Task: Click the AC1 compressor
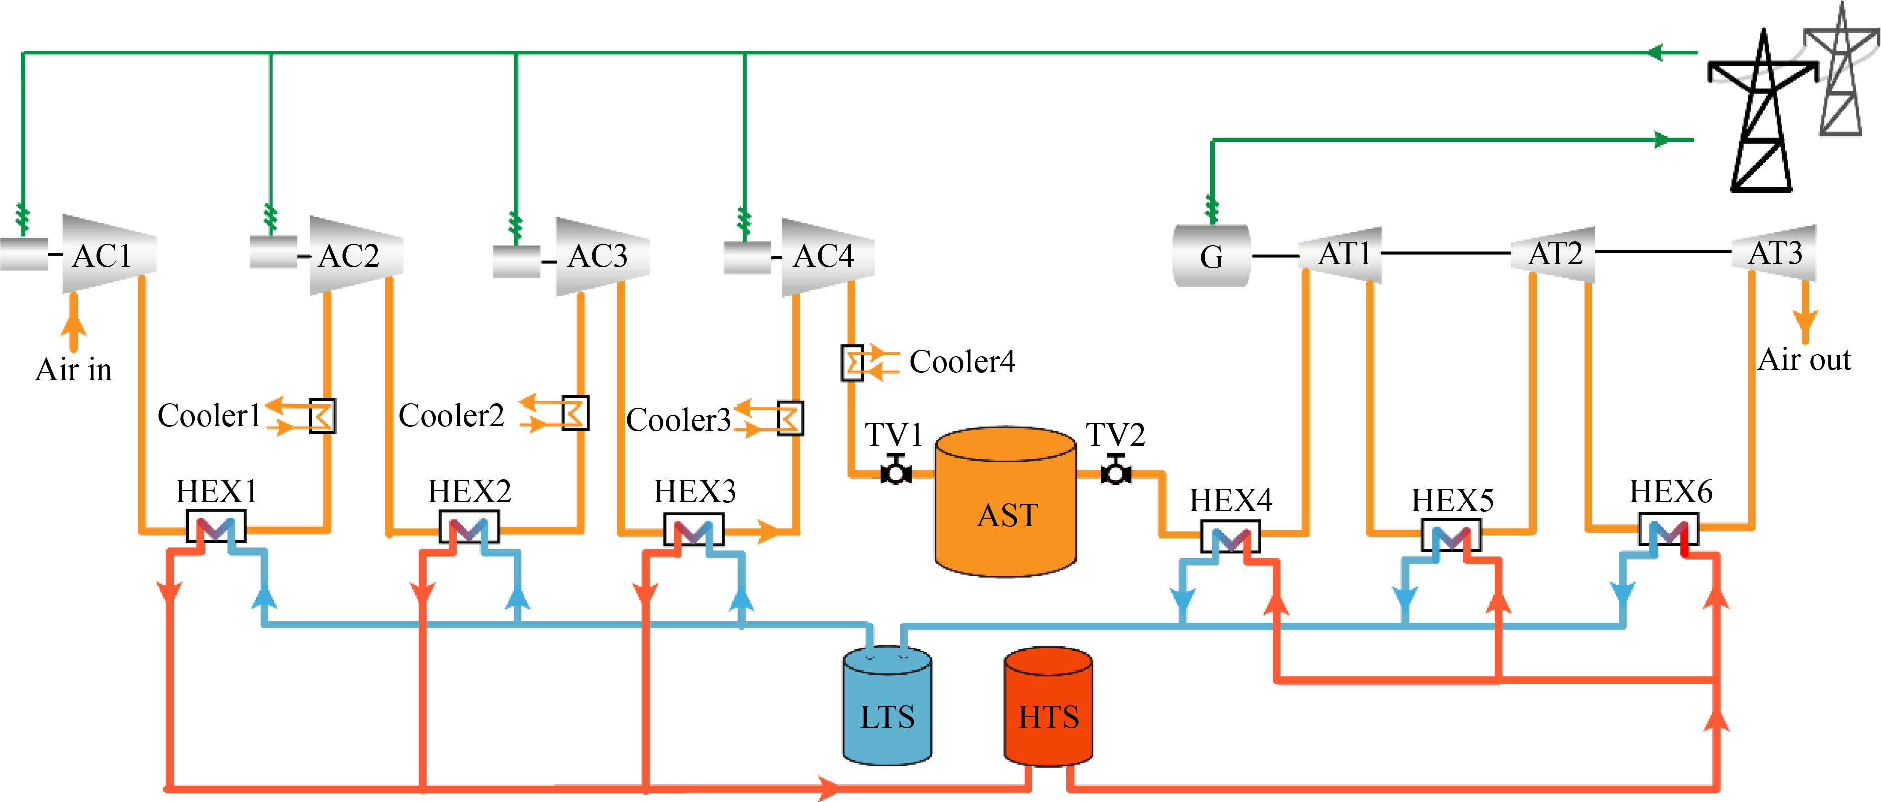point(109,254)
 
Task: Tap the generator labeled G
point(1211,256)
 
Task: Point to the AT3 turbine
point(1775,253)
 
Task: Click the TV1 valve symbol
point(895,471)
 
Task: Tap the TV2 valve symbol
point(1116,471)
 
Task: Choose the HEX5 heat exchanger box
point(1451,535)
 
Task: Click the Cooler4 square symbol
point(852,362)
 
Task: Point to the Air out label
point(1803,360)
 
